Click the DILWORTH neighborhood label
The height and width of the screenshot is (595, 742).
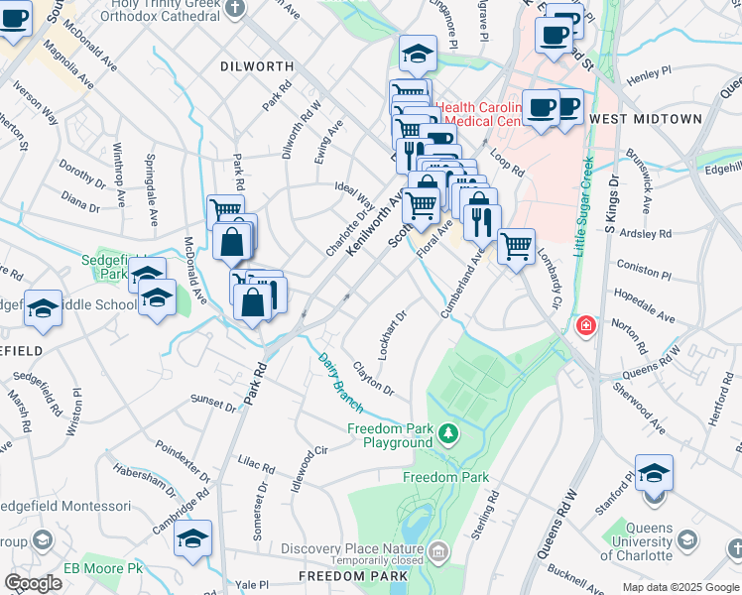pyautogui.click(x=257, y=66)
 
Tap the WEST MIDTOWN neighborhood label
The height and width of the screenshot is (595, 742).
pyautogui.click(x=645, y=119)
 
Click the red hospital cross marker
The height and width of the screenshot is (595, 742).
pyautogui.click(x=586, y=325)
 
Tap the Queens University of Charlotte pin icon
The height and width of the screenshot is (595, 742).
pyautogui.click(x=683, y=540)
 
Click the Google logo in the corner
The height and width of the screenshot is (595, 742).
pyautogui.click(x=34, y=583)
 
